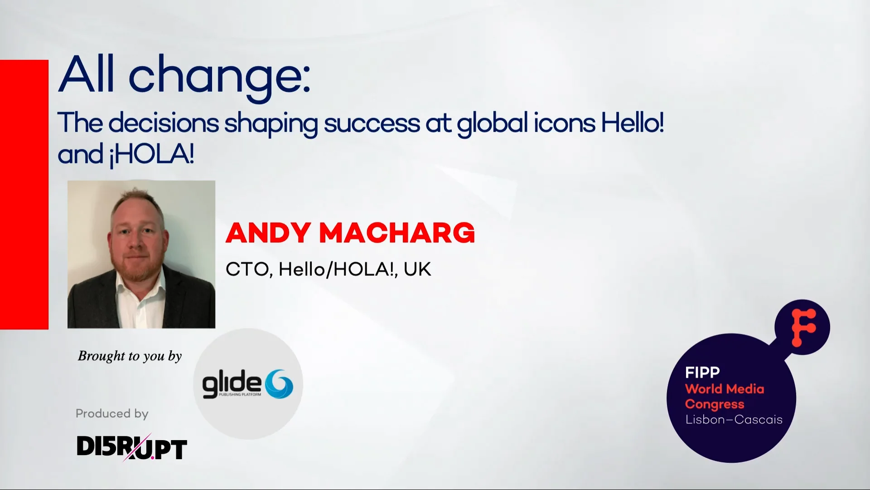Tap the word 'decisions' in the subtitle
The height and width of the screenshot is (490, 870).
(164, 123)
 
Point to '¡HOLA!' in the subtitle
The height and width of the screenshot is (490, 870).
(152, 155)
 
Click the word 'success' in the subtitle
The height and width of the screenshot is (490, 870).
(372, 123)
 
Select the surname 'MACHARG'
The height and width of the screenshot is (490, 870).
(397, 233)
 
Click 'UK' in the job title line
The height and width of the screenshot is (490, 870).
(417, 269)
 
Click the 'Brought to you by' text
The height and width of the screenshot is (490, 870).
(130, 356)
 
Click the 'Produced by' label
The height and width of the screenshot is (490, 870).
(112, 413)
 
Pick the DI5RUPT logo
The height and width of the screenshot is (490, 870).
(131, 447)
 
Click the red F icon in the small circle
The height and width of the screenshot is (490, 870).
(803, 327)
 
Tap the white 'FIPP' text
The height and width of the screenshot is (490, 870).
(702, 372)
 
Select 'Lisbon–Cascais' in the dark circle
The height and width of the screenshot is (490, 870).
(734, 420)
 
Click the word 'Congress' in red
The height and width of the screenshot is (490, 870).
(715, 404)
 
